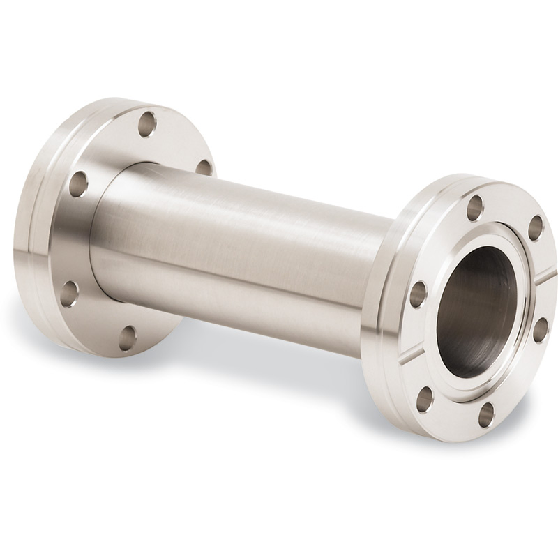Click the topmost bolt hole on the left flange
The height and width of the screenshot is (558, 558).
[146, 123]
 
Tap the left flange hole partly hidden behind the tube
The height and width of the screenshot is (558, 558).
[203, 167]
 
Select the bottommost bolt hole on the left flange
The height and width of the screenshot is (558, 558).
[127, 338]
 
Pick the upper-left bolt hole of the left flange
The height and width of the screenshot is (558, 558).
[78, 183]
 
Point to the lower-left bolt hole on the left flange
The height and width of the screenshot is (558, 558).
[69, 294]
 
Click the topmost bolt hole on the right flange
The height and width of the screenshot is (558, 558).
[475, 207]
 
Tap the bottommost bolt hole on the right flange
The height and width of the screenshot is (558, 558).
[486, 414]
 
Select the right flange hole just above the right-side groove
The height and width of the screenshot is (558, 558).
[535, 227]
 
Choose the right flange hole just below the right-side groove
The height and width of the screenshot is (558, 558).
[540, 329]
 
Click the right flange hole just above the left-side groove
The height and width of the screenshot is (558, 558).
[418, 294]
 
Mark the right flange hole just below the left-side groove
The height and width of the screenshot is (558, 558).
[425, 398]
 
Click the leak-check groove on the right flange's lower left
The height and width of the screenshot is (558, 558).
[416, 353]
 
